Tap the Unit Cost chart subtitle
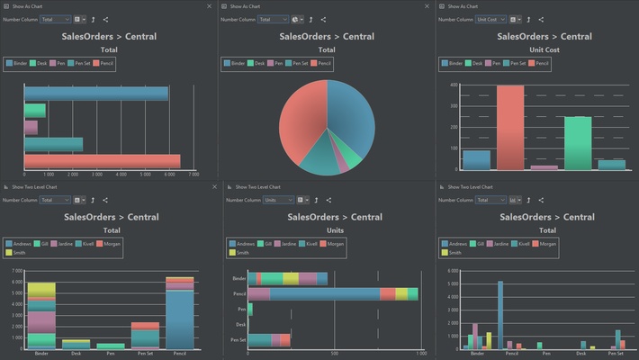point(544,49)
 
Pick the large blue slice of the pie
point(351,117)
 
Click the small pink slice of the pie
point(343,165)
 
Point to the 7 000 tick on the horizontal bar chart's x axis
point(193,175)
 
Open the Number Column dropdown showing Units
point(277,200)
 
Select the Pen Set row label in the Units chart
point(238,339)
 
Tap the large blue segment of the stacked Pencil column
point(180,319)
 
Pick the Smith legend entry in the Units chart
point(243,252)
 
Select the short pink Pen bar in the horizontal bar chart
point(31,127)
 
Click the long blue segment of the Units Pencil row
point(324,293)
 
